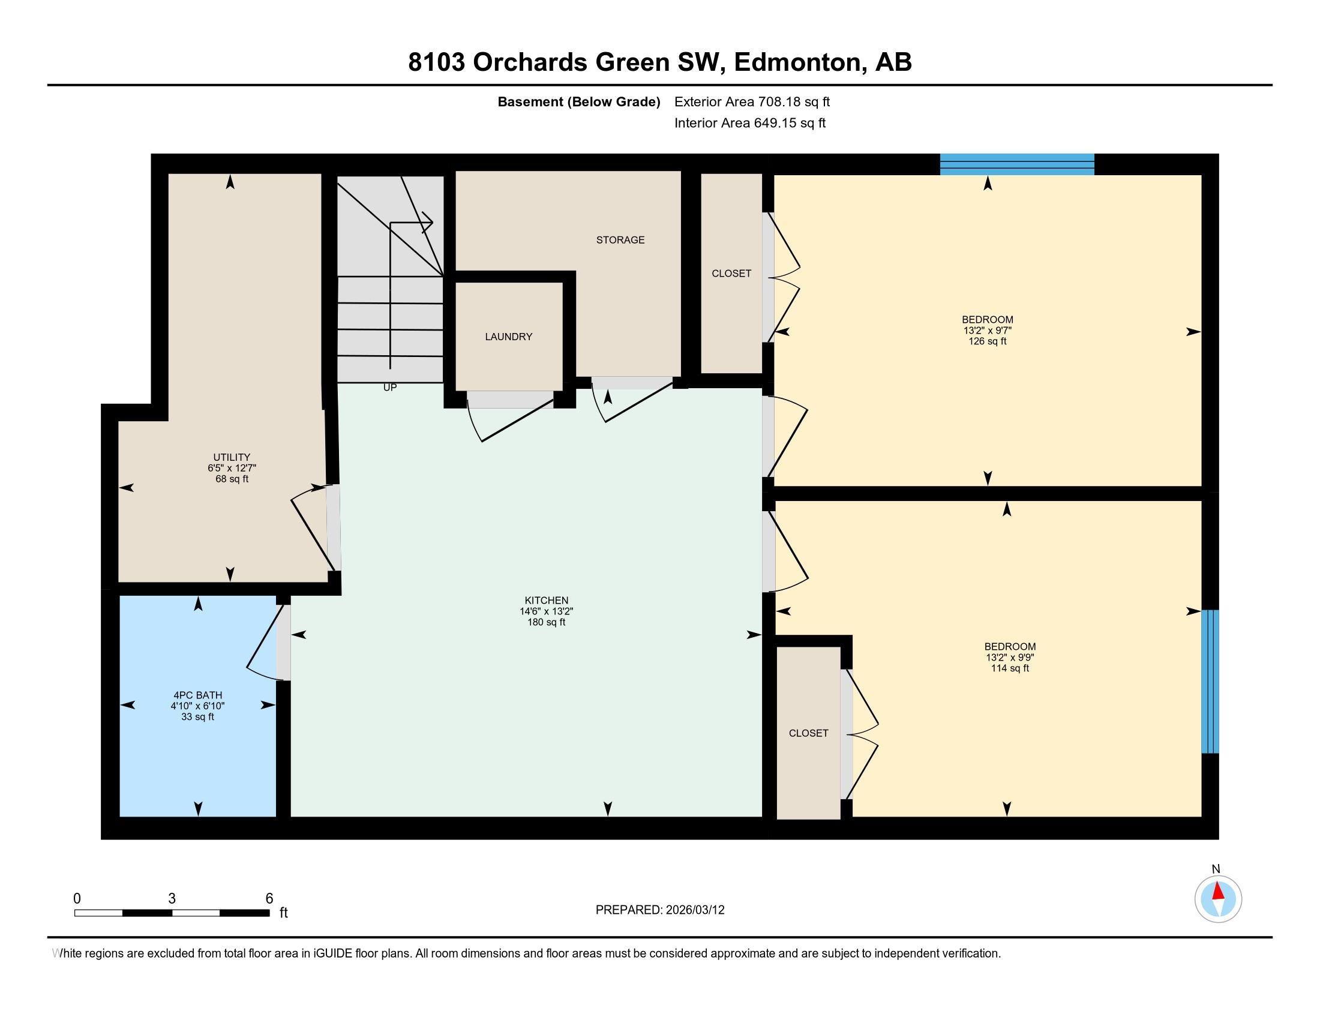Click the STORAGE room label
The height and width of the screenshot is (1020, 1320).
click(620, 240)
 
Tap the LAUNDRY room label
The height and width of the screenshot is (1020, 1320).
click(508, 337)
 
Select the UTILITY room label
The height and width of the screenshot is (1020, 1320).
click(232, 457)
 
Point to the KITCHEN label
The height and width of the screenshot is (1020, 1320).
click(547, 600)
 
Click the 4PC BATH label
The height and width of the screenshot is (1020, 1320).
click(197, 695)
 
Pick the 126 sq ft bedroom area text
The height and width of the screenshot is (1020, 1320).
click(987, 341)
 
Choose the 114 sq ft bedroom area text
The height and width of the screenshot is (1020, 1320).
click(1009, 668)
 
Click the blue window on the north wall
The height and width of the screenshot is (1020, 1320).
click(1016, 164)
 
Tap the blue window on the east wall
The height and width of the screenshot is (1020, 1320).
click(1210, 681)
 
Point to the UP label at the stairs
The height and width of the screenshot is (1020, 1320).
click(390, 388)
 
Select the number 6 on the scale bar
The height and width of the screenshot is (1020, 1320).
click(269, 899)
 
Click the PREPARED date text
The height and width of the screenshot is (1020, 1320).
click(659, 910)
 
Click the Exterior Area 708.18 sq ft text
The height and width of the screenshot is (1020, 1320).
click(752, 101)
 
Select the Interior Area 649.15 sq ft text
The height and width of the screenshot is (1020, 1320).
click(749, 123)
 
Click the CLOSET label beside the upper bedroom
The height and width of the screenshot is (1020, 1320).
click(731, 273)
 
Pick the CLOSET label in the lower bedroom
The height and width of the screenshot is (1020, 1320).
click(808, 733)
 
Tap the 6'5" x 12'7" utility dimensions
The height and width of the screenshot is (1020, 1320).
click(232, 468)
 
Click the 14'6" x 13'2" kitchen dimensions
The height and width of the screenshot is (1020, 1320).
click(547, 611)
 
